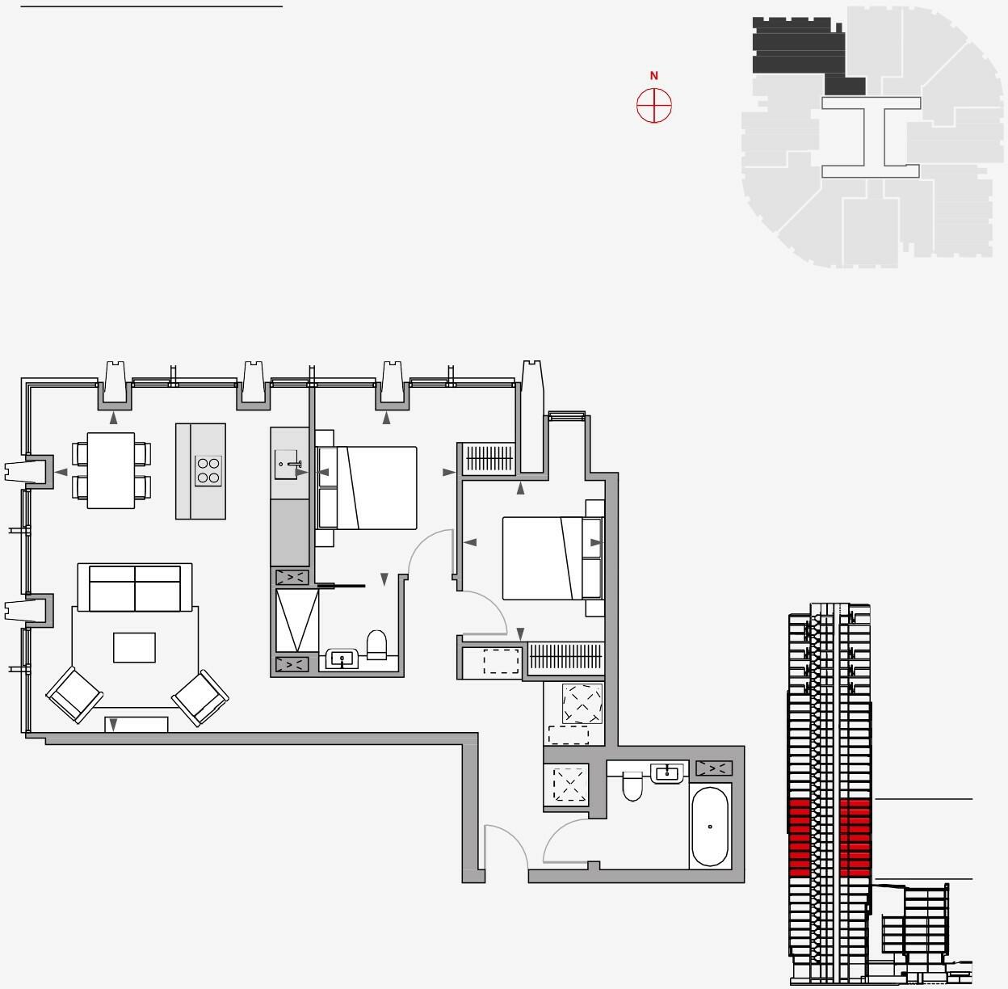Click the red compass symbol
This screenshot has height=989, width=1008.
[654, 106]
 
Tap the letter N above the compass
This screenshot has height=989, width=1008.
[654, 76]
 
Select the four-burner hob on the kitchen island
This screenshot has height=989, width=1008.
[208, 470]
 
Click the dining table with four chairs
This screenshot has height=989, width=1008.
[111, 470]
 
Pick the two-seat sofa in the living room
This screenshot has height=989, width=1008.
[135, 588]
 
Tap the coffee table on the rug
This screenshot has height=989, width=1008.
[134, 647]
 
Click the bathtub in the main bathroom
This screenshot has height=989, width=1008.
[710, 827]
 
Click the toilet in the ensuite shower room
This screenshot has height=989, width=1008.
[377, 645]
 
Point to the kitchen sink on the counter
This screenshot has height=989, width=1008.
[290, 465]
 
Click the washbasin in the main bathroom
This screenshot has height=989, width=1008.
[667, 773]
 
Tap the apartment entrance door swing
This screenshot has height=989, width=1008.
[505, 848]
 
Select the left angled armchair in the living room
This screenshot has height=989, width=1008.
[75, 695]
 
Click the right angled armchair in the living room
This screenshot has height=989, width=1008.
[200, 697]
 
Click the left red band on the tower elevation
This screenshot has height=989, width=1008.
[799, 837]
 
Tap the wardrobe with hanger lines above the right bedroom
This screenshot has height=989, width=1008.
[489, 459]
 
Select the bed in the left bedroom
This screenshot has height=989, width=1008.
[367, 488]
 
